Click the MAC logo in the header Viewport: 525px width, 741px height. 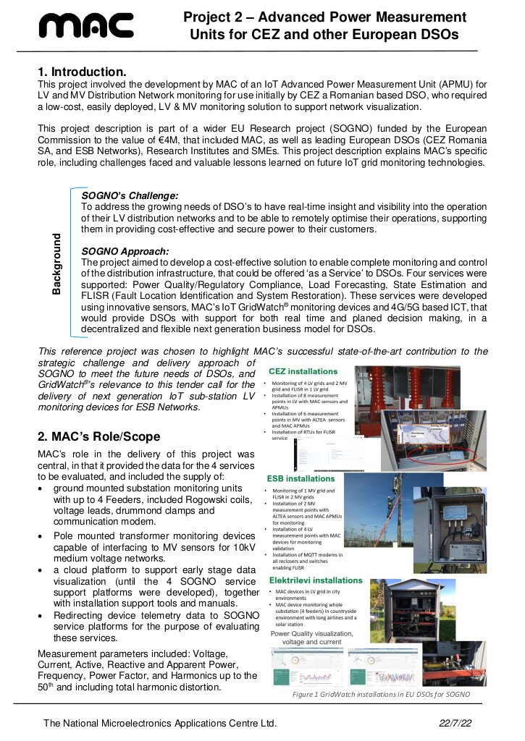pos(86,26)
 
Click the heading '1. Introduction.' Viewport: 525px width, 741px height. pos(83,72)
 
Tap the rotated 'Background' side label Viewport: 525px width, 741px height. pos(57,263)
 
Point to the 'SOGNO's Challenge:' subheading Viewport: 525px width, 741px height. pos(130,195)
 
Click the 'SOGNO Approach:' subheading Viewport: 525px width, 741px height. pos(125,251)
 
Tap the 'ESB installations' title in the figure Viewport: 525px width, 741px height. pos(301,479)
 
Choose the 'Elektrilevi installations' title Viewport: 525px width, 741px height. pos(314,580)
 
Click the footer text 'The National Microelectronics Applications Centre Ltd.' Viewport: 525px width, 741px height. pos(160,723)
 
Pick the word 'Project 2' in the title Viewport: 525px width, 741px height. pos(211,17)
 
